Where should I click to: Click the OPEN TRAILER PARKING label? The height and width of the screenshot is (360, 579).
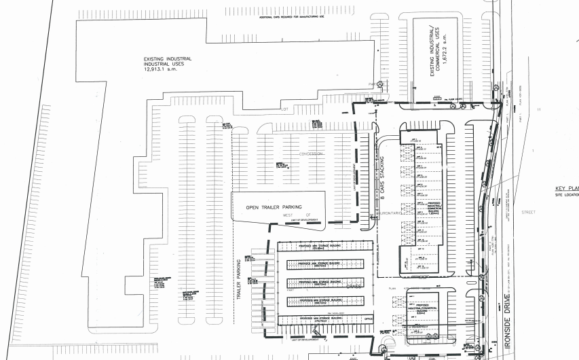[274, 207]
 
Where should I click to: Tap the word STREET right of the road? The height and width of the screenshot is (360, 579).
[528, 212]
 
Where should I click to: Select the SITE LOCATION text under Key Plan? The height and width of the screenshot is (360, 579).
[567, 195]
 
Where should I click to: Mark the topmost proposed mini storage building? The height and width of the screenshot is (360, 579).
[326, 247]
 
